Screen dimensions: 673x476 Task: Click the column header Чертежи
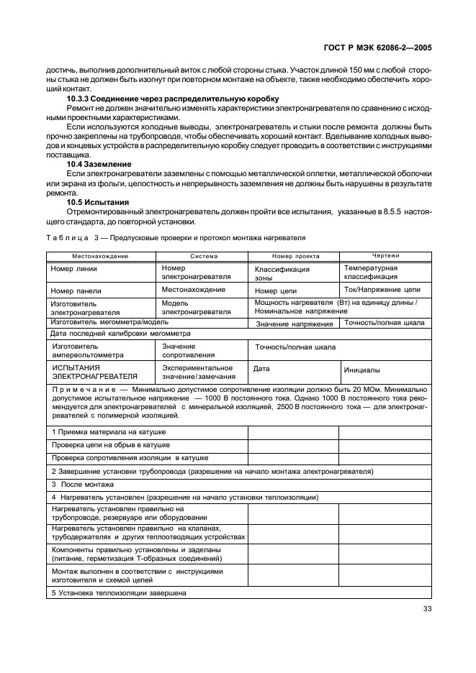point(385,255)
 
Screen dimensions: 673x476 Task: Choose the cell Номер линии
point(73,269)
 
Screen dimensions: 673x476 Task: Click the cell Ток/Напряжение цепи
point(382,290)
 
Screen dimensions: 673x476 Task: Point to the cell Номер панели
point(76,290)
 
